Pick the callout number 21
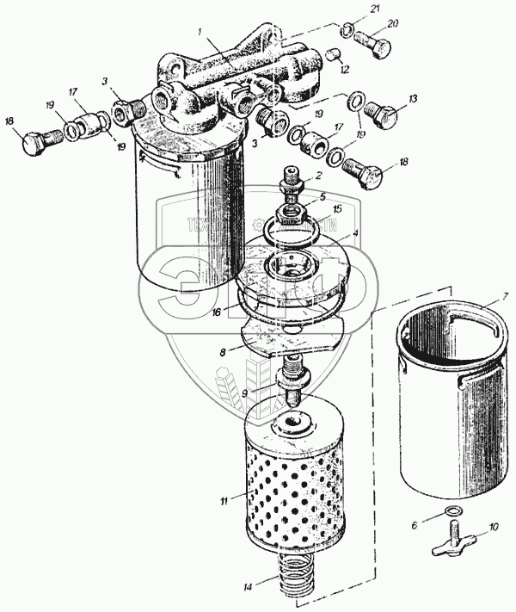[x=349, y=9]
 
